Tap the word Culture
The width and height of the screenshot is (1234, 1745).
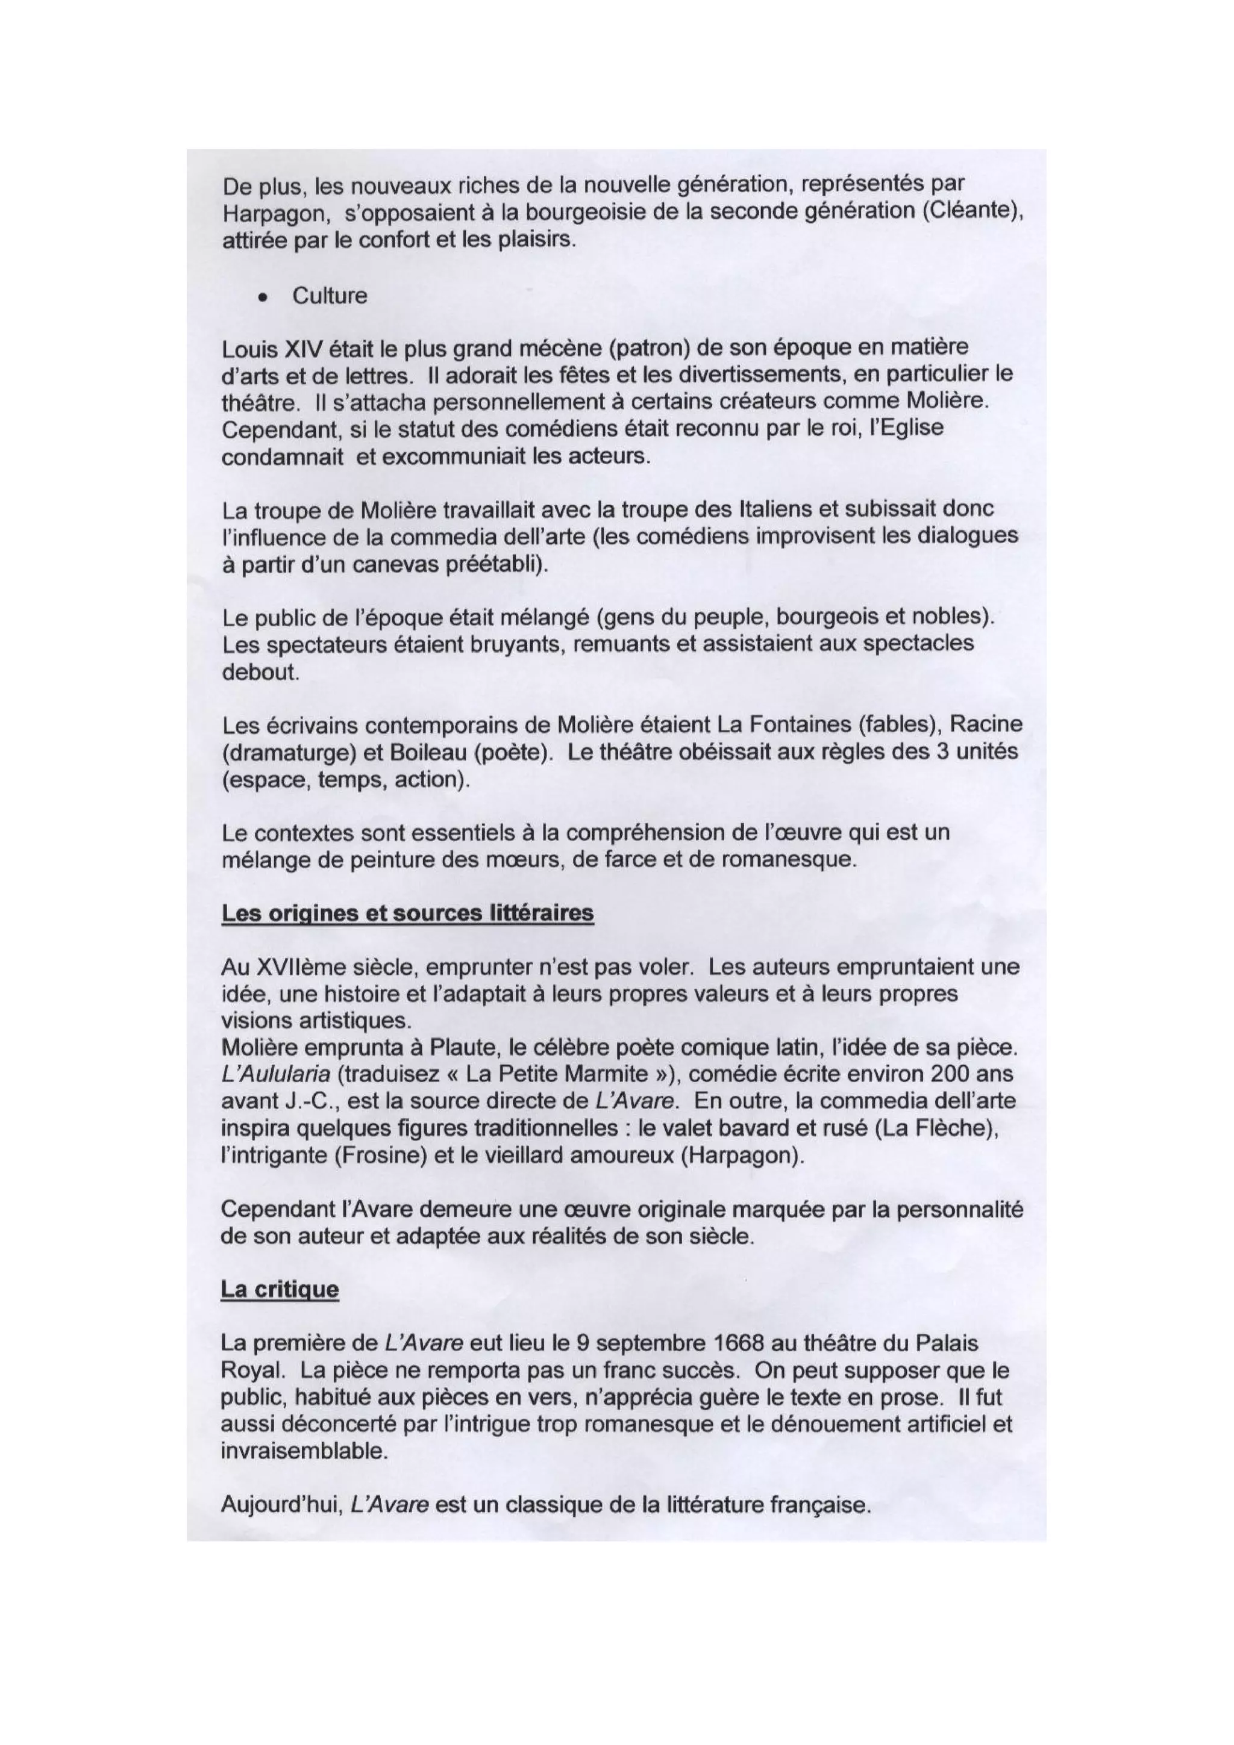329,296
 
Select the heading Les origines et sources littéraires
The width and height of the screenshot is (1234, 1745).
407,913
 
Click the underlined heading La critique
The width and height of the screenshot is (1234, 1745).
279,1289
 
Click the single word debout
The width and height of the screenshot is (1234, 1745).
258,673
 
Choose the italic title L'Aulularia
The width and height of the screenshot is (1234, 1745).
279,1075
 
